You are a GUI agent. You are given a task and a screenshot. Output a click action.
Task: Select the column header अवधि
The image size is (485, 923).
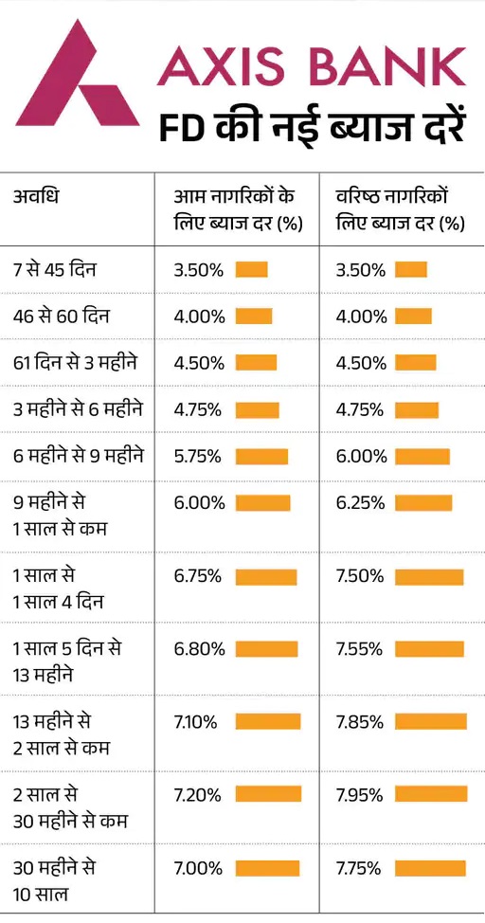point(37,198)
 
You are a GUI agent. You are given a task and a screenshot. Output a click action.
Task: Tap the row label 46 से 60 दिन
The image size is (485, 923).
point(62,317)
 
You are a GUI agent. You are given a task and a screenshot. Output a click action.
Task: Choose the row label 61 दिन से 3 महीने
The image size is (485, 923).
point(75,363)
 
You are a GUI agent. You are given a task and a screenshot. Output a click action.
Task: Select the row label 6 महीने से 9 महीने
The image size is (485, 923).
point(79,456)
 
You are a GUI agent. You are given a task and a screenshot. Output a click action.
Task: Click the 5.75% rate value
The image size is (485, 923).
point(199,456)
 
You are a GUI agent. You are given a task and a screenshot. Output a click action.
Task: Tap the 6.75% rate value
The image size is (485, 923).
point(199,576)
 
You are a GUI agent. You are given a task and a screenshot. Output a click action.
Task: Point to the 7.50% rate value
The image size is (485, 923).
point(359,576)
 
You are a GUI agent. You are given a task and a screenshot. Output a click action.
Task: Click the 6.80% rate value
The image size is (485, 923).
point(199,649)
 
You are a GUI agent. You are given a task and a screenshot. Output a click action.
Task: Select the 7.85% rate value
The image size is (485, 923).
point(359,722)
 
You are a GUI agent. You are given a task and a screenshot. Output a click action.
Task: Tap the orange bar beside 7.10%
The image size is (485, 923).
point(268,722)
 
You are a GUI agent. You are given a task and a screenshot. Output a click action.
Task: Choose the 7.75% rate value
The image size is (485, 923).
point(359,868)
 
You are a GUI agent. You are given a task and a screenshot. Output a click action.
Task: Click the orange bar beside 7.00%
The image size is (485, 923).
point(267,868)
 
